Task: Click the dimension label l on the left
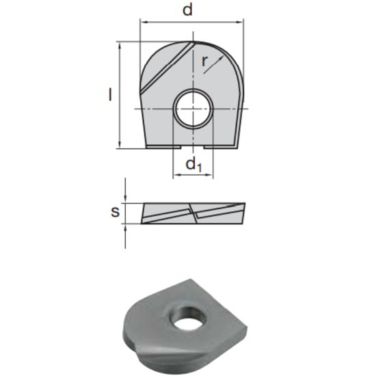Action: tap(109, 94)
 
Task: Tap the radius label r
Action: tap(205, 61)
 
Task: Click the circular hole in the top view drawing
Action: tap(193, 109)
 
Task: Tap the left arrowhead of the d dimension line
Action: tap(143, 22)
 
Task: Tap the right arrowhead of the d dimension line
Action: tap(241, 22)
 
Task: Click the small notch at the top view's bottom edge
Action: tap(193, 147)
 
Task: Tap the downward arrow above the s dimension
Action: tap(125, 199)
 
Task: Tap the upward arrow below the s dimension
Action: tap(125, 228)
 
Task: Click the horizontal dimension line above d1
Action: tap(193, 176)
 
